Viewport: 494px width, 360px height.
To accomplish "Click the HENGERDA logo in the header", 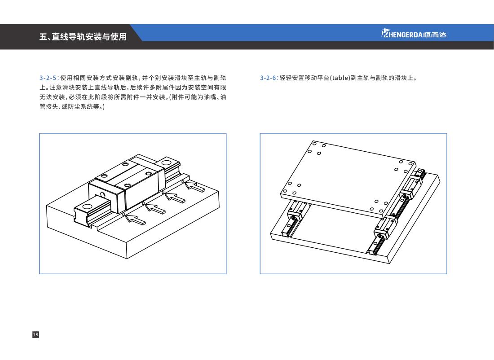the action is [414, 33].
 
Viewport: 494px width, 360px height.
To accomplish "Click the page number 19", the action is [35, 334].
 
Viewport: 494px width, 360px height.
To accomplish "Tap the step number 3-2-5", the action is [49, 78].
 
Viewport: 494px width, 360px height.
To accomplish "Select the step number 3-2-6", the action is [269, 78].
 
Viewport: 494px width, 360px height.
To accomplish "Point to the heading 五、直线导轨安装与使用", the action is [83, 37].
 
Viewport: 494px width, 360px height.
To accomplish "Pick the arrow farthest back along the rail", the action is [194, 186].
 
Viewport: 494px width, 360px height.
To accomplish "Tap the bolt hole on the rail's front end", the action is [87, 207].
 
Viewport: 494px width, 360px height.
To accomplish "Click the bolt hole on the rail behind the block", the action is [166, 163].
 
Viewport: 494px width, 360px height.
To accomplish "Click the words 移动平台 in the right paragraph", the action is [317, 78].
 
